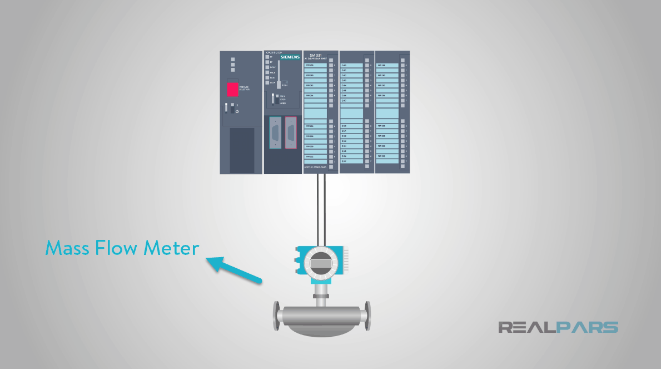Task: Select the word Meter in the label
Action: point(172,248)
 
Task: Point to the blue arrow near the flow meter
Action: point(233,269)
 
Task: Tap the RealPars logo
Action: point(558,327)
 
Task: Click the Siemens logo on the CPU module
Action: point(290,57)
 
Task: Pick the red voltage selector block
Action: point(232,89)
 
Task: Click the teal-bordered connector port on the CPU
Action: point(275,132)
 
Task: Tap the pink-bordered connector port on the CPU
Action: point(291,132)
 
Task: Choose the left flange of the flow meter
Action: point(276,316)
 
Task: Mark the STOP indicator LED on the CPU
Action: point(266,82)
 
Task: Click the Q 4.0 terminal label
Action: point(344,65)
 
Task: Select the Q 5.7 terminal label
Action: point(344,161)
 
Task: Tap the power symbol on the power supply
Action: point(237,111)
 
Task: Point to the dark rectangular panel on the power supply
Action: point(242,150)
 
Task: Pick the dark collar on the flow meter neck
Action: point(320,297)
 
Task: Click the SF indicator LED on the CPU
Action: point(266,57)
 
